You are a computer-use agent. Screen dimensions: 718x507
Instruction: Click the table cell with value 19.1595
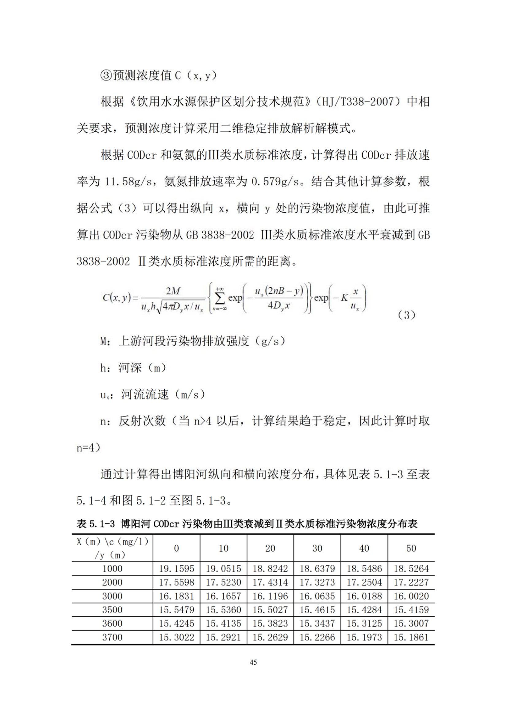click(176, 568)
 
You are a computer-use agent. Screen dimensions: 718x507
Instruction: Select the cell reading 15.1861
click(411, 637)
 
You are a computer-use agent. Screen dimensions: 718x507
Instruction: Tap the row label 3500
click(112, 610)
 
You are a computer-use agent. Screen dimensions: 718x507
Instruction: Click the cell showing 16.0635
click(317, 596)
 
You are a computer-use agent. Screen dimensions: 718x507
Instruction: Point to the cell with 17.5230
click(223, 582)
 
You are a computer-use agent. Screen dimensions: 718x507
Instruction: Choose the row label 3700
click(112, 637)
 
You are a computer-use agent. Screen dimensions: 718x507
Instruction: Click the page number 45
click(253, 662)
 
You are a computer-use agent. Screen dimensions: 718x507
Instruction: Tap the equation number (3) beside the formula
click(406, 315)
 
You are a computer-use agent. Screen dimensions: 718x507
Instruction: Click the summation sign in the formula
click(220, 298)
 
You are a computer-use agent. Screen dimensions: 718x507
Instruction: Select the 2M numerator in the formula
click(173, 291)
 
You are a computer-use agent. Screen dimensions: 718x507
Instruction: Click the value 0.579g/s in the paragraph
click(275, 182)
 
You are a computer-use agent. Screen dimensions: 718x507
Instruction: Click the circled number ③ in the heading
click(106, 76)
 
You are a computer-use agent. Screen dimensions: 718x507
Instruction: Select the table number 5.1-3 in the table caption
click(102, 523)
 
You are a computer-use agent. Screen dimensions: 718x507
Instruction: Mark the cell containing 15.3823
click(270, 623)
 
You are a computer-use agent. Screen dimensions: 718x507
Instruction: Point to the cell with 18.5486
click(364, 568)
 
